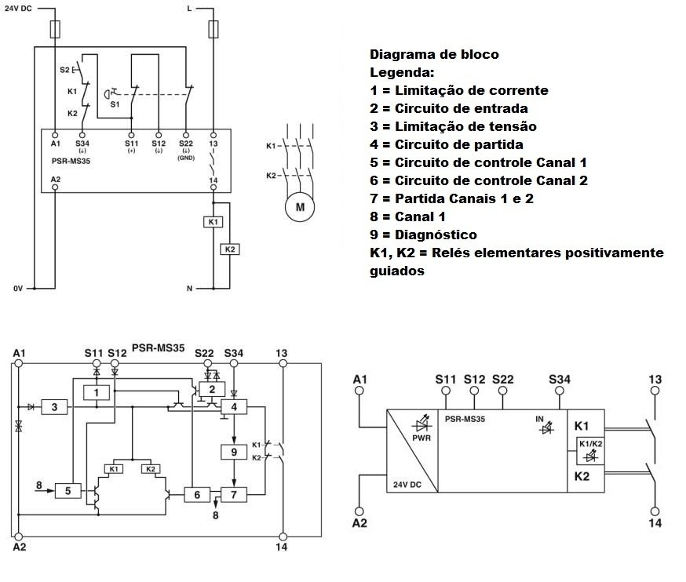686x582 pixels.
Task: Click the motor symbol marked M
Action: click(298, 208)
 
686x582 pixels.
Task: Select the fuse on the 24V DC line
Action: click(54, 30)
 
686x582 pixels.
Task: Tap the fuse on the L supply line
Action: click(213, 30)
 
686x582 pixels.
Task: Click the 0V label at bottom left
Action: click(18, 289)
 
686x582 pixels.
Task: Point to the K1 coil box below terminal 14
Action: click(213, 222)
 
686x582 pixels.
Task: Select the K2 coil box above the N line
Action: click(229, 249)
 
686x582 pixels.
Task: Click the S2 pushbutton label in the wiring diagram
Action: click(64, 70)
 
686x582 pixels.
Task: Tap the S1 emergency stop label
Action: click(114, 104)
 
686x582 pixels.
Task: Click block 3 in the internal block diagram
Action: click(54, 407)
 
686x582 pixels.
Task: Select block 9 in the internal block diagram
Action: click(233, 452)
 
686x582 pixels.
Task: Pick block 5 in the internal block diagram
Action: click(68, 491)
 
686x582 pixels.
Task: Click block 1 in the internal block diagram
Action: click(96, 391)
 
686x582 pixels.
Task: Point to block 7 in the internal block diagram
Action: click(233, 494)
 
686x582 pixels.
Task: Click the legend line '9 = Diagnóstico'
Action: click(423, 235)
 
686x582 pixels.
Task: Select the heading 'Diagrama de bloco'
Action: click(434, 55)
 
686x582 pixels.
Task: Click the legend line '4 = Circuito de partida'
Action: click(446, 144)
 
